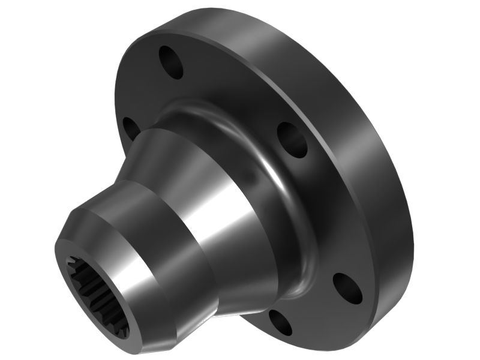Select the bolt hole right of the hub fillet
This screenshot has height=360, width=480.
(x=293, y=140)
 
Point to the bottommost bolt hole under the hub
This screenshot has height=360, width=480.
(x=280, y=322)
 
